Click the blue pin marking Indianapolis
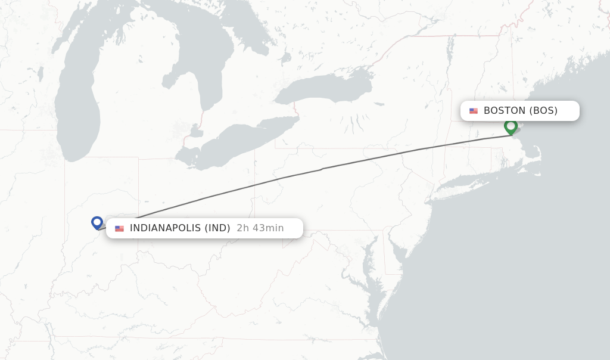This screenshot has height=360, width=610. click(x=97, y=222)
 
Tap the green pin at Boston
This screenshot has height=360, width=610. click(x=511, y=126)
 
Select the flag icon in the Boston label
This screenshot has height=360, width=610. click(x=474, y=111)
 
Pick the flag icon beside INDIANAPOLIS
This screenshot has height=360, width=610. click(x=120, y=228)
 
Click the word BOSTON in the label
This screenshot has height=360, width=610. click(x=504, y=110)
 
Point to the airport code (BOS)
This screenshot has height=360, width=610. click(x=543, y=110)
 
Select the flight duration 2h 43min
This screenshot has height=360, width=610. click(x=260, y=228)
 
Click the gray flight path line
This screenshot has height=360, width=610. click(x=322, y=169)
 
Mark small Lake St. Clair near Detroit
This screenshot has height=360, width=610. click(x=194, y=130)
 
